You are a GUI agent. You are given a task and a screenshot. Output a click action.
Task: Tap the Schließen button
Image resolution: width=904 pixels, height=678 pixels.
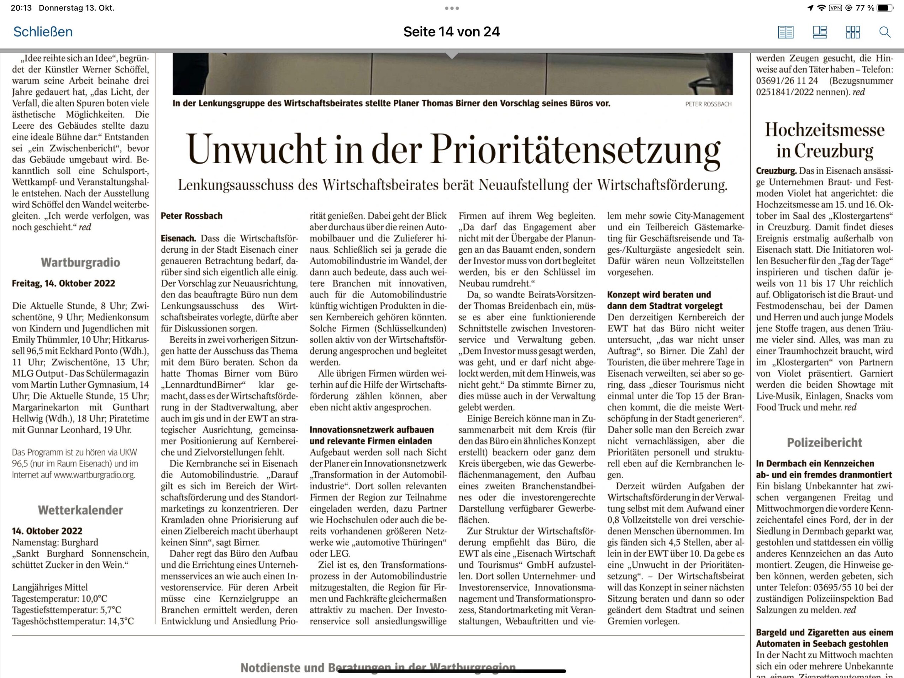click(x=43, y=32)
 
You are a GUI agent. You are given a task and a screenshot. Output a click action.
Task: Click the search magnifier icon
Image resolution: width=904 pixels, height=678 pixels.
click(x=885, y=32)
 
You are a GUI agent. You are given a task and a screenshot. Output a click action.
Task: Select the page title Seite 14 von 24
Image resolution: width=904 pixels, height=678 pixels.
click(x=451, y=32)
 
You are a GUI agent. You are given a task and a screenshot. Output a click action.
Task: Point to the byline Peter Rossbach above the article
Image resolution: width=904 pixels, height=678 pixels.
click(x=191, y=216)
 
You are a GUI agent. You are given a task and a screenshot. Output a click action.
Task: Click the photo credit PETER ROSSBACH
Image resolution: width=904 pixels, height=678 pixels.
click(x=708, y=104)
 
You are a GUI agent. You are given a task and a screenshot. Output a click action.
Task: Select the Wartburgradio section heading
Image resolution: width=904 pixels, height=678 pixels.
click(x=81, y=263)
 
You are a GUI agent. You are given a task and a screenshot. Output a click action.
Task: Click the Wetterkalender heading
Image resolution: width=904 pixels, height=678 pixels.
click(x=81, y=510)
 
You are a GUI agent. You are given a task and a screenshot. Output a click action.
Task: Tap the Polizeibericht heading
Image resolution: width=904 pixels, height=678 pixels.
click(x=824, y=442)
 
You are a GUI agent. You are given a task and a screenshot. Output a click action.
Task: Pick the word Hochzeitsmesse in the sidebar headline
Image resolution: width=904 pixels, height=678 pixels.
click(x=824, y=130)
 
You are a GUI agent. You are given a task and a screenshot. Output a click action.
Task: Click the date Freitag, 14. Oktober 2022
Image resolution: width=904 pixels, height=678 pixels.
click(x=63, y=283)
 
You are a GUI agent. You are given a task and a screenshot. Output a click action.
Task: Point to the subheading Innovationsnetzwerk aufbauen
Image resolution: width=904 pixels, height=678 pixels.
click(x=371, y=430)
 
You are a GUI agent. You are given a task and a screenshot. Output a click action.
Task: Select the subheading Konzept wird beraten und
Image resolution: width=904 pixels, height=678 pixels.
click(x=659, y=295)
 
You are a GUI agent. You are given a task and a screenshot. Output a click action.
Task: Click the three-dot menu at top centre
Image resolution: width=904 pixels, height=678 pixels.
click(x=452, y=8)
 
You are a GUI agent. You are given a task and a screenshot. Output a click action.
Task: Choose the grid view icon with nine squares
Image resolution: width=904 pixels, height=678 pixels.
click(x=852, y=32)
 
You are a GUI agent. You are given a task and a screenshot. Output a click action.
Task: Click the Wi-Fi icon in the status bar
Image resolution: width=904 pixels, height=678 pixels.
click(x=821, y=8)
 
